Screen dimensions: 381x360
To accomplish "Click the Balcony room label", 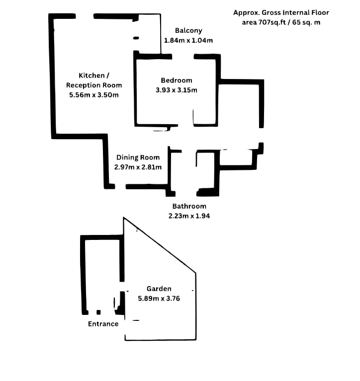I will (x=188, y=31).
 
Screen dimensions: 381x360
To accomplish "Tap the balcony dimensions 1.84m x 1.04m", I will (x=188, y=40).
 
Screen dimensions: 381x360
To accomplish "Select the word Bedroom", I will (x=176, y=80).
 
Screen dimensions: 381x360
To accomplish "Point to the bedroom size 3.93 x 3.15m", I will (x=176, y=90).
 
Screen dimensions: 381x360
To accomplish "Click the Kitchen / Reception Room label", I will (x=93, y=80).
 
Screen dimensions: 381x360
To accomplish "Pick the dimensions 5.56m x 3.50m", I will (x=94, y=95).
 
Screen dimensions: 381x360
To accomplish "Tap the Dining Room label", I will (x=138, y=157).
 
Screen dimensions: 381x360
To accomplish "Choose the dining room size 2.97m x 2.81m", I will (x=138, y=167).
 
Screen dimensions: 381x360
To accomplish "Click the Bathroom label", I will (x=189, y=206).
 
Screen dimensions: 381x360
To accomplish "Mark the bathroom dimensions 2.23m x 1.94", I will (x=189, y=216).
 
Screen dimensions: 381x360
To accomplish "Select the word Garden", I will (x=159, y=289).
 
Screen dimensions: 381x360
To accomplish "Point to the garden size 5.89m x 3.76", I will (x=159, y=299).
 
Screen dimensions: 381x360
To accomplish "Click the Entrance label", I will (x=103, y=324).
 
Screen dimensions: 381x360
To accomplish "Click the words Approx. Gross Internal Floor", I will (x=281, y=13).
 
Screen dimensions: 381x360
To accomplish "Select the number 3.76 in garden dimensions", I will (x=172, y=299).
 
